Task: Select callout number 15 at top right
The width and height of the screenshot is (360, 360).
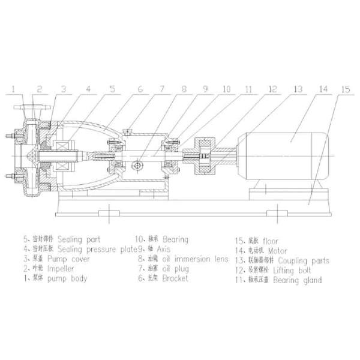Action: tap(344, 89)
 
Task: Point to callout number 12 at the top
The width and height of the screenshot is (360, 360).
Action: tap(272, 89)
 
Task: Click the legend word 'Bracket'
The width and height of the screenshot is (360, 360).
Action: tap(174, 278)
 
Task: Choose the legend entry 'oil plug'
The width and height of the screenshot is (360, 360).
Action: tap(176, 269)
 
